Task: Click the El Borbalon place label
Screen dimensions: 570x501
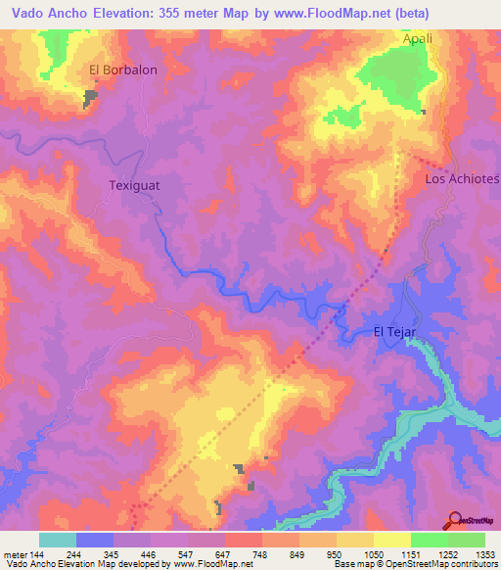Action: (123, 71)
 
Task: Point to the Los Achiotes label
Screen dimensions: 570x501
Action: (462, 180)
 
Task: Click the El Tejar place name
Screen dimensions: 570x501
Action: (395, 332)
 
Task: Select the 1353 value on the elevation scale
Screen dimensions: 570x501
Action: (485, 554)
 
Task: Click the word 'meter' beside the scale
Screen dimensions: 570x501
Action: (14, 554)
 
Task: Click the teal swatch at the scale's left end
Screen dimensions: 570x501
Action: (58, 540)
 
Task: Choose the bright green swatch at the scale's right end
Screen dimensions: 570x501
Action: (467, 540)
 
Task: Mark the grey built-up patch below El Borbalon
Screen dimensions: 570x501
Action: (91, 98)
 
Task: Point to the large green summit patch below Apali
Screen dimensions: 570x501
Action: (396, 76)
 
